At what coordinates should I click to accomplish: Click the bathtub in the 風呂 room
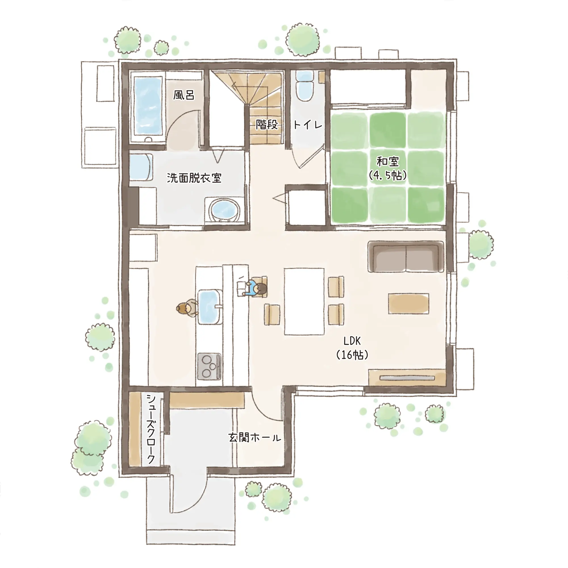[148, 106]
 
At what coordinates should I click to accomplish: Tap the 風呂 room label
[184, 95]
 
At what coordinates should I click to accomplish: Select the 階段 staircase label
[267, 124]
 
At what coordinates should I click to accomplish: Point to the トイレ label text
[308, 125]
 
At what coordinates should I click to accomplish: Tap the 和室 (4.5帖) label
[388, 168]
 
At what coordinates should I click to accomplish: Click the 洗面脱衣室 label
[194, 178]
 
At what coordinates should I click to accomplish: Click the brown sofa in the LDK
[406, 256]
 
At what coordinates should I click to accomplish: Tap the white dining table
[304, 301]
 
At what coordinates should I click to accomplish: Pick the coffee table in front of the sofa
[408, 303]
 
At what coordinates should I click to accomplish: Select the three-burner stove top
[209, 366]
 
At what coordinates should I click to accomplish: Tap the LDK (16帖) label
[352, 348]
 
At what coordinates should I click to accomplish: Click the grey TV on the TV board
[407, 378]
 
